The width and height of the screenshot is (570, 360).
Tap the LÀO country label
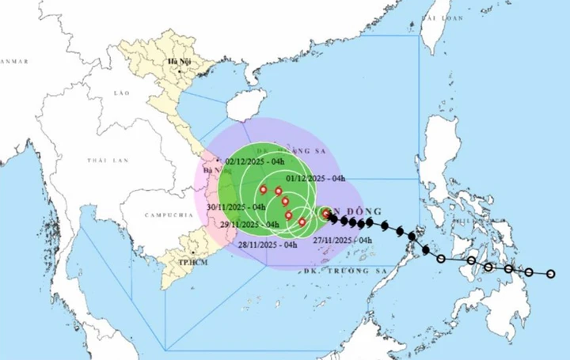[x=121, y=93]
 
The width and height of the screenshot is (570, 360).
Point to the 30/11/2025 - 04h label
[x=235, y=207]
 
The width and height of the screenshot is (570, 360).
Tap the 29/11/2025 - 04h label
[x=250, y=225]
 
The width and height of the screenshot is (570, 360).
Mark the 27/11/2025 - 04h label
[x=342, y=240]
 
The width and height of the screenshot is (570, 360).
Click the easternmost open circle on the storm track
[x=552, y=275]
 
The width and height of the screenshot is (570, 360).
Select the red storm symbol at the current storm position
[x=326, y=214]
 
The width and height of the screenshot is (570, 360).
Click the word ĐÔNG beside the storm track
[x=367, y=211]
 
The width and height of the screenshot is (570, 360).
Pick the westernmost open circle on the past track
[x=441, y=258]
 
